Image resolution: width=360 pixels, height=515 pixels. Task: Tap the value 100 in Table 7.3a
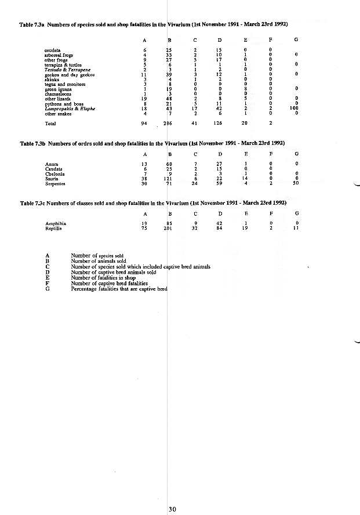coord(296,109)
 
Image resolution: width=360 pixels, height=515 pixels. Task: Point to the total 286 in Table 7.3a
coord(168,124)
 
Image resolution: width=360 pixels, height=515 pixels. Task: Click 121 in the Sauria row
coord(168,179)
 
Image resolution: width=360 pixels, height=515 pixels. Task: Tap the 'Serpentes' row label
coord(54,184)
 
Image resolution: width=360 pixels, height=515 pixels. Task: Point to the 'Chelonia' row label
coord(54,174)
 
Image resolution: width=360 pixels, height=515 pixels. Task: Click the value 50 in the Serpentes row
coord(296,184)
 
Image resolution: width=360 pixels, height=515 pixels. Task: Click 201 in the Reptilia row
coord(168,228)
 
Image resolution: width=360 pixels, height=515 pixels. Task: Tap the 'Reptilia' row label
coord(53,228)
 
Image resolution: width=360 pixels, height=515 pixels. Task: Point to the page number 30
coord(172,509)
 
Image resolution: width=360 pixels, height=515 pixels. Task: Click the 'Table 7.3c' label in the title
coord(32,203)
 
